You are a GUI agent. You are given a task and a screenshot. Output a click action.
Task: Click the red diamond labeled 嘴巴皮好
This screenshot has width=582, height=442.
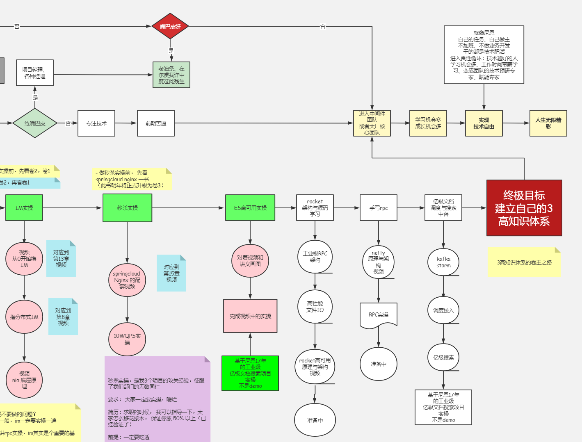click(170, 26)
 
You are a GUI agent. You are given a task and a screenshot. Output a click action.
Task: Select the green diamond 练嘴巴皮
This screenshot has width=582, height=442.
click(35, 123)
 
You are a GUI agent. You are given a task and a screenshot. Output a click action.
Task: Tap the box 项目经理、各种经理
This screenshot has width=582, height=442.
click(35, 73)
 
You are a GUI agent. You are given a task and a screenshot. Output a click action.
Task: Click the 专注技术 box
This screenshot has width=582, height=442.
click(96, 123)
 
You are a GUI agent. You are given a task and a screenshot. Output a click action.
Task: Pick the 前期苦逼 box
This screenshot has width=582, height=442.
click(156, 123)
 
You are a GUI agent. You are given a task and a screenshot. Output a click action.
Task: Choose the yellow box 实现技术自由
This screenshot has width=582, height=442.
click(484, 123)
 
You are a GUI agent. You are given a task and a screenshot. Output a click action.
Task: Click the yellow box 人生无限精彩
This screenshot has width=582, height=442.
click(548, 123)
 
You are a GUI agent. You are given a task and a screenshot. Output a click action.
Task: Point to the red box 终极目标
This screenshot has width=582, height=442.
click(524, 208)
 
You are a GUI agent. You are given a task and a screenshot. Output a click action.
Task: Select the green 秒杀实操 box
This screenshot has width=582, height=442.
click(127, 208)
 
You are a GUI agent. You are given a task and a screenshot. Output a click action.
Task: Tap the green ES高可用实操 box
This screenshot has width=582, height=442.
click(250, 208)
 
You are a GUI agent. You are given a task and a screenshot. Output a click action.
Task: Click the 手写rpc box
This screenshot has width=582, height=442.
click(379, 208)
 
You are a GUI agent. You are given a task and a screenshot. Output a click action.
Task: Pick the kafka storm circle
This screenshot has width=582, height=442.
click(443, 262)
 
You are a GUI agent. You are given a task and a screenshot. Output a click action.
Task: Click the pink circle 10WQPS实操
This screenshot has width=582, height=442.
click(127, 339)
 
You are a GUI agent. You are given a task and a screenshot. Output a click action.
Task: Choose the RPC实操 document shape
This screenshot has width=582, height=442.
click(379, 315)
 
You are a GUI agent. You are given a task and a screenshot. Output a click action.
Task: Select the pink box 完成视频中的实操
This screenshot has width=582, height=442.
click(250, 316)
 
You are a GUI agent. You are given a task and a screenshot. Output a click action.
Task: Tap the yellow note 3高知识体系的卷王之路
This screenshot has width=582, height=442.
click(524, 262)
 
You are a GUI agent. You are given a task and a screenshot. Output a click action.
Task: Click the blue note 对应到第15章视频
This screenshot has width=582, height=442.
click(171, 273)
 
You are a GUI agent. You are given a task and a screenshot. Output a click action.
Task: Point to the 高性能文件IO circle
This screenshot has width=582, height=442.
click(315, 307)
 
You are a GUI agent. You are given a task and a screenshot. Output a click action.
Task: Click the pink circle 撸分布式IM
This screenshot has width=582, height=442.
click(24, 317)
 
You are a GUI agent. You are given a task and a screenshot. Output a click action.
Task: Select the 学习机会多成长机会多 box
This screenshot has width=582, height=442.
click(428, 123)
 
